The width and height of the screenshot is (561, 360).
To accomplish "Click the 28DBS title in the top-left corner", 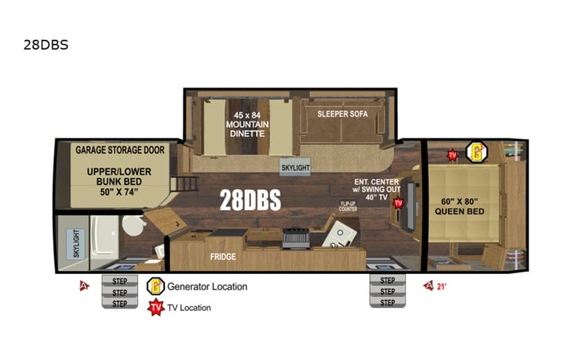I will tap(46, 45).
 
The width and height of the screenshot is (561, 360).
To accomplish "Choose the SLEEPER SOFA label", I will tap(342, 114).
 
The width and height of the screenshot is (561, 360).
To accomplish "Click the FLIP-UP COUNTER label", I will tap(348, 206).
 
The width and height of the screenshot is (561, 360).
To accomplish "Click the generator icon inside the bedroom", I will tap(477, 152).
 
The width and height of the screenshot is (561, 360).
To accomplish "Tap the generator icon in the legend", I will tap(156, 286).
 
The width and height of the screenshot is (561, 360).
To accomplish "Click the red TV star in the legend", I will tap(156, 307).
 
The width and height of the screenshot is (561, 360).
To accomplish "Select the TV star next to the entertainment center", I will tap(398, 203).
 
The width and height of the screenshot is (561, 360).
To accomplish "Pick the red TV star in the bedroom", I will tap(453, 154).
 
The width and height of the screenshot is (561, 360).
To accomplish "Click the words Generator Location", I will tap(208, 287).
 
